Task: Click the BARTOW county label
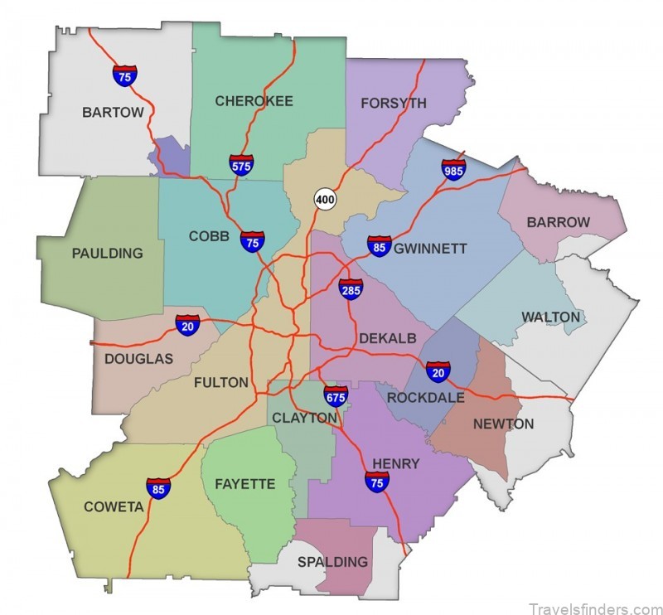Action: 113,112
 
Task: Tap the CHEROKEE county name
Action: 254,101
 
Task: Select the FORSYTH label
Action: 394,104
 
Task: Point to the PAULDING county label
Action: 108,253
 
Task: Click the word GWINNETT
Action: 431,248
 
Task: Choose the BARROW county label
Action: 559,222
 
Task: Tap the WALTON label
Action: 550,317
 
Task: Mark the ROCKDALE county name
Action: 426,397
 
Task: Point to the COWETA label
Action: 114,506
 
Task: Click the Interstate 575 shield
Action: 242,164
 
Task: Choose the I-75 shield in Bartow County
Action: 125,75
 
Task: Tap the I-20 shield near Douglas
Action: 187,325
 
